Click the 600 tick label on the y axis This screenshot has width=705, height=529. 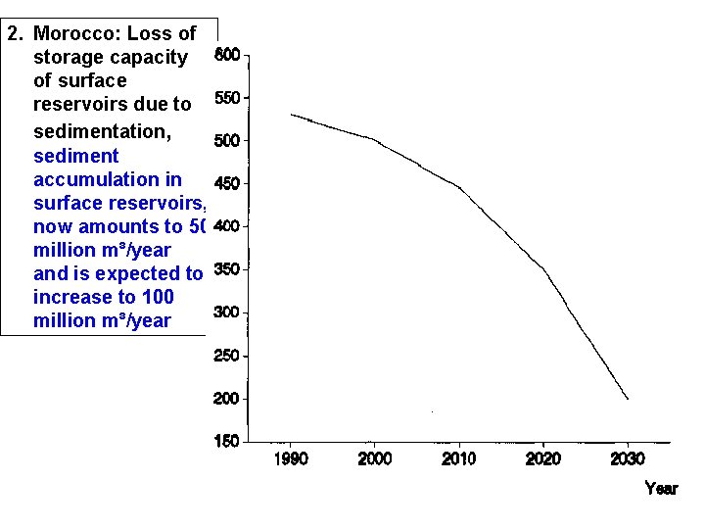click(x=227, y=55)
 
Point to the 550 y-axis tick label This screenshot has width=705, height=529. click(x=227, y=98)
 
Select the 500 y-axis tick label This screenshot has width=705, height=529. click(x=227, y=141)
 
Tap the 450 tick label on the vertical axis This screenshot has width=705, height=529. click(x=227, y=184)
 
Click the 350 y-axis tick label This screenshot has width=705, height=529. click(x=227, y=269)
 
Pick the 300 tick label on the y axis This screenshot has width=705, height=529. click(x=227, y=313)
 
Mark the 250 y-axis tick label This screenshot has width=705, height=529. click(x=227, y=356)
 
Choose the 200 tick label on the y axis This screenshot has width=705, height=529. click(x=227, y=399)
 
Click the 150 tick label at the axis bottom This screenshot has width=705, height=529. click(x=227, y=442)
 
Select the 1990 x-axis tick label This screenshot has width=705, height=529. click(x=291, y=459)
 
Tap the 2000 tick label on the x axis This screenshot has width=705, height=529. click(x=375, y=459)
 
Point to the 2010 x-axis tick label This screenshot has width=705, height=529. click(x=459, y=459)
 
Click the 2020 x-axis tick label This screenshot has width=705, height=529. click(x=543, y=459)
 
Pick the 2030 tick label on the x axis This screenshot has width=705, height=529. click(x=628, y=459)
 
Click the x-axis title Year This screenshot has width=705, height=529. click(x=661, y=488)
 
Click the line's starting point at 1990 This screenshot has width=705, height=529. click(x=291, y=115)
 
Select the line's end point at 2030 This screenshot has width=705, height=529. click(x=628, y=399)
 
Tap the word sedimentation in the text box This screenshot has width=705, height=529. click(x=101, y=130)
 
